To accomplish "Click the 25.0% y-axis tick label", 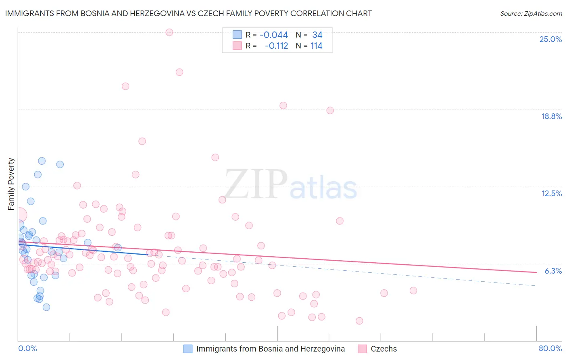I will click(x=550, y=39).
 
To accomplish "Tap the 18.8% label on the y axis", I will click(x=551, y=116).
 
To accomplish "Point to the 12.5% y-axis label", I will click(x=551, y=193).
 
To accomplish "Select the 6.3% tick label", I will click(x=553, y=271).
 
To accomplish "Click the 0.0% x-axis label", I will click(x=27, y=348).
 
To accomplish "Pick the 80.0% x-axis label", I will click(x=550, y=348).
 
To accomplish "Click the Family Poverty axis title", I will click(x=11, y=184).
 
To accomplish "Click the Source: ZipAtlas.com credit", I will click(x=531, y=13).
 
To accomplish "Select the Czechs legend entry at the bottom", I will click(x=384, y=349).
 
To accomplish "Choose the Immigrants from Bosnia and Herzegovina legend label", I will click(x=270, y=349).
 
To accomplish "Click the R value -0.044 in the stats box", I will click(x=274, y=35).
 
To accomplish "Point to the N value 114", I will click(x=316, y=46).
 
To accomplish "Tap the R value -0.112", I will click(x=276, y=46).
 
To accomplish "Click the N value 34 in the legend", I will click(x=317, y=35).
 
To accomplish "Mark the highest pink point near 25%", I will click(x=169, y=32).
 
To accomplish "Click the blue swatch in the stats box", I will click(x=237, y=35).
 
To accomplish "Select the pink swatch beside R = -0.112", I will click(x=237, y=46).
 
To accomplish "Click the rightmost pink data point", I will click(x=413, y=291).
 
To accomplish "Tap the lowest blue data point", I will click(x=46, y=307).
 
